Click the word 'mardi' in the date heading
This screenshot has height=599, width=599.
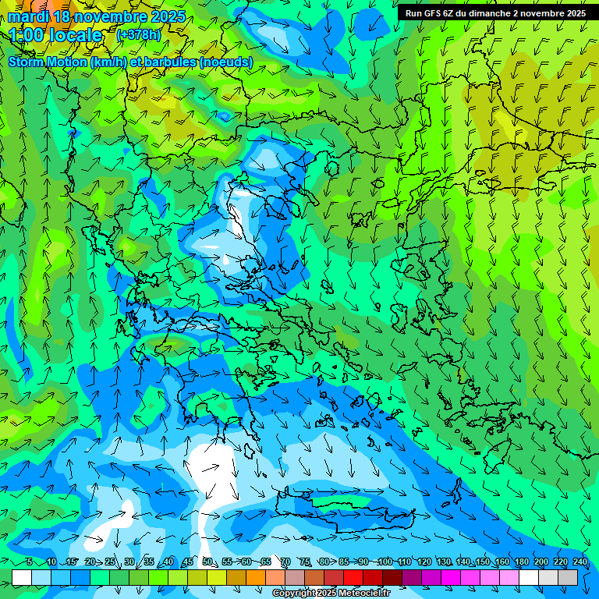[x=28, y=16]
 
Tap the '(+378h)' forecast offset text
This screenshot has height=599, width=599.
[x=139, y=35]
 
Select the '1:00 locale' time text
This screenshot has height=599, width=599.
[x=55, y=35]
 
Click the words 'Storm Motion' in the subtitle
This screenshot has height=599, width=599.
[x=48, y=62]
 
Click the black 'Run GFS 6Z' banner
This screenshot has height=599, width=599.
[x=495, y=13]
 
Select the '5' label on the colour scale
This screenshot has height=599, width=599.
[x=30, y=562]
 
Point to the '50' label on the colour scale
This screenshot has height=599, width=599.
[x=207, y=562]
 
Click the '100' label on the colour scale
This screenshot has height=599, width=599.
[x=385, y=562]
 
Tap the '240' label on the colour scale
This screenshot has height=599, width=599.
[x=580, y=562]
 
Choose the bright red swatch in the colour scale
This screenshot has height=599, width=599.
[x=353, y=577]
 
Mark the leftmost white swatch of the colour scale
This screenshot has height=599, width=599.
[x=22, y=577]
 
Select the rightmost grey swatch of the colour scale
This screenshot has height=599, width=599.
[x=568, y=577]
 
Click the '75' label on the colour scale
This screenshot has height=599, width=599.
[x=305, y=562]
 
